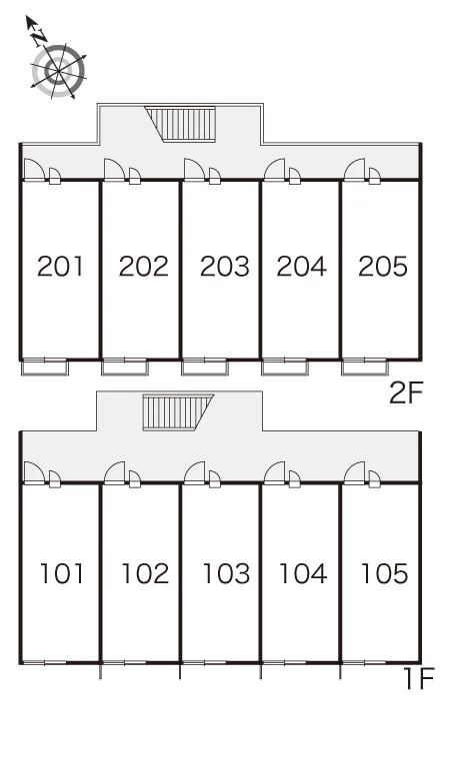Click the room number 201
(x=60, y=267)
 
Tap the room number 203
(x=225, y=267)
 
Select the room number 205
(x=383, y=267)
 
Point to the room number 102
(x=145, y=573)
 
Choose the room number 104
(x=303, y=573)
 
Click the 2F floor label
(x=406, y=392)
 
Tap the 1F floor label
(x=418, y=678)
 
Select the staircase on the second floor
(x=181, y=124)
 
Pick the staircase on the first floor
(x=178, y=412)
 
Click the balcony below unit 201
(x=44, y=368)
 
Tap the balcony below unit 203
(x=204, y=368)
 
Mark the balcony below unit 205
(x=365, y=368)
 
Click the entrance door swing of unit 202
(x=114, y=170)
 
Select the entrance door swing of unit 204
(x=274, y=170)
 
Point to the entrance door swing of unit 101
(x=34, y=472)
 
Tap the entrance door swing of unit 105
(x=354, y=472)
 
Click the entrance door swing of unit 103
(x=194, y=472)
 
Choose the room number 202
(x=144, y=267)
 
